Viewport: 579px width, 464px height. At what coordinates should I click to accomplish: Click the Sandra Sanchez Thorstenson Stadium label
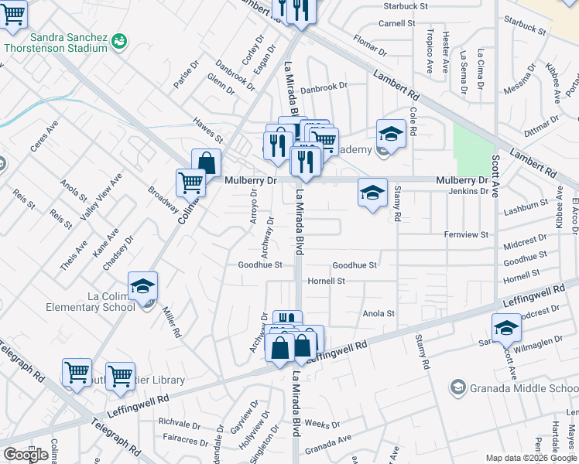coord(67,43)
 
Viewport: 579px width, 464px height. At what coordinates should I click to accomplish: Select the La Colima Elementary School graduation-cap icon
coord(143,286)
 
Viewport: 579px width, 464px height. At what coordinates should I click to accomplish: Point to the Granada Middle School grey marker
coord(457,386)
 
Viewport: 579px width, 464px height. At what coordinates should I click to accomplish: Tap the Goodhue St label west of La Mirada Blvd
coord(259,264)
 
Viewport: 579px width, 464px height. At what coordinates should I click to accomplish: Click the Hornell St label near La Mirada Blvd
coord(326,281)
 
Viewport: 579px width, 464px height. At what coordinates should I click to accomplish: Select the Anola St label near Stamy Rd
coord(379,314)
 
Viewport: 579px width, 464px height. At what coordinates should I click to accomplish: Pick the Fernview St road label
coord(467,234)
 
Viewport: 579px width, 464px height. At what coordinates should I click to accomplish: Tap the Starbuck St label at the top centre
coord(406,6)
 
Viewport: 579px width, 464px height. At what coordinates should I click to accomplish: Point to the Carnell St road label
coord(397,23)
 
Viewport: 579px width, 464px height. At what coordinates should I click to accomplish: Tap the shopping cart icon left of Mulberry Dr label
coord(190,183)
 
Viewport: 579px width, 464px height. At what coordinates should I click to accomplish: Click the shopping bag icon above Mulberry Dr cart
coord(207,162)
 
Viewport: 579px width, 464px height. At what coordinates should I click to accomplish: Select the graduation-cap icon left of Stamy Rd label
coord(372,193)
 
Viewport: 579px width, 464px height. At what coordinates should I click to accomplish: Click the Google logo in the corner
coord(26,455)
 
